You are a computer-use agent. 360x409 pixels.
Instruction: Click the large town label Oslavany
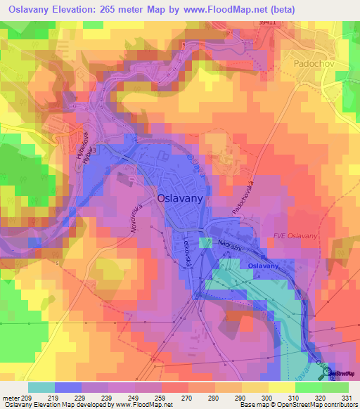click(x=181, y=199)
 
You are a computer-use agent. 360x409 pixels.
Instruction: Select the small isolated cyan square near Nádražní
click(x=205, y=242)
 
